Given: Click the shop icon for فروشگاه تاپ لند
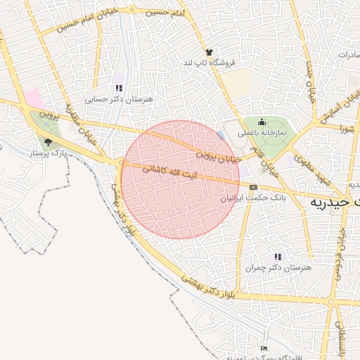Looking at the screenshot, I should tap(209, 52).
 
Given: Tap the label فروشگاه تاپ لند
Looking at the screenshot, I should tap(209, 63).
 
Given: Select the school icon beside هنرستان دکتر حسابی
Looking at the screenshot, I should tap(118, 89).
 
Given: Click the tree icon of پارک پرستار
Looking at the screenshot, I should tap(47, 142).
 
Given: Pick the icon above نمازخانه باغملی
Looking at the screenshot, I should tap(262, 121).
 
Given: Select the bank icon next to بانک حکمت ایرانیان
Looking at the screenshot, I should tap(253, 187).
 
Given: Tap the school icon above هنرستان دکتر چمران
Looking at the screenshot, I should tap(278, 257).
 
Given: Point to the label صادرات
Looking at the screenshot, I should tap(348, 54).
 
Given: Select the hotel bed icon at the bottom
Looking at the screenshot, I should tap(264, 348).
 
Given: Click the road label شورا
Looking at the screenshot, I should tap(346, 128).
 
